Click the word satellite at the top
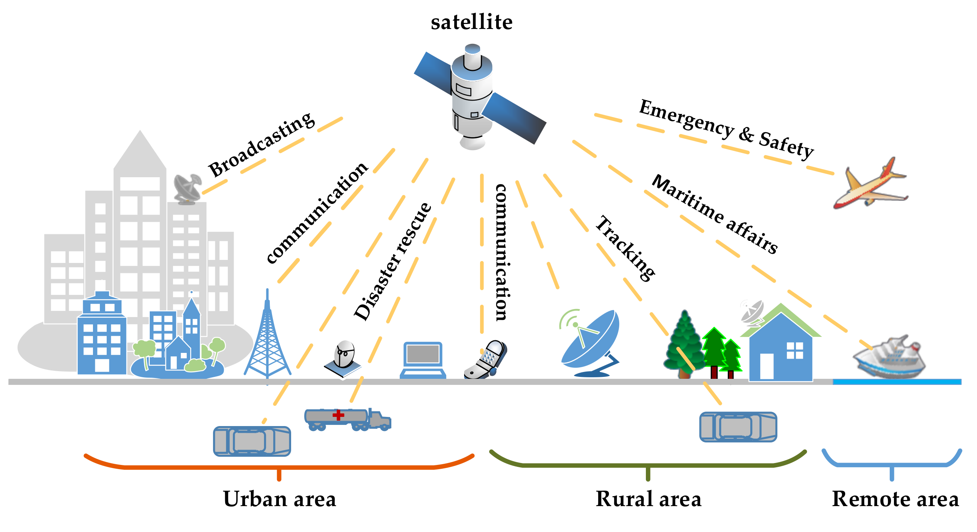(x=471, y=22)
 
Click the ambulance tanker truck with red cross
(x=347, y=419)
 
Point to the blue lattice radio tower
(x=267, y=339)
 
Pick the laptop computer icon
(x=423, y=360)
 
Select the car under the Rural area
(x=738, y=427)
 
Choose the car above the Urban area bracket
(x=252, y=441)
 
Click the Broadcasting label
(x=262, y=145)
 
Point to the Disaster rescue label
(x=392, y=261)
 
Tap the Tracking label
(x=625, y=248)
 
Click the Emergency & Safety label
(x=726, y=129)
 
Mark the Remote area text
(x=895, y=499)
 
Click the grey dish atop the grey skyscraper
(x=187, y=188)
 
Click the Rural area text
(x=648, y=499)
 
